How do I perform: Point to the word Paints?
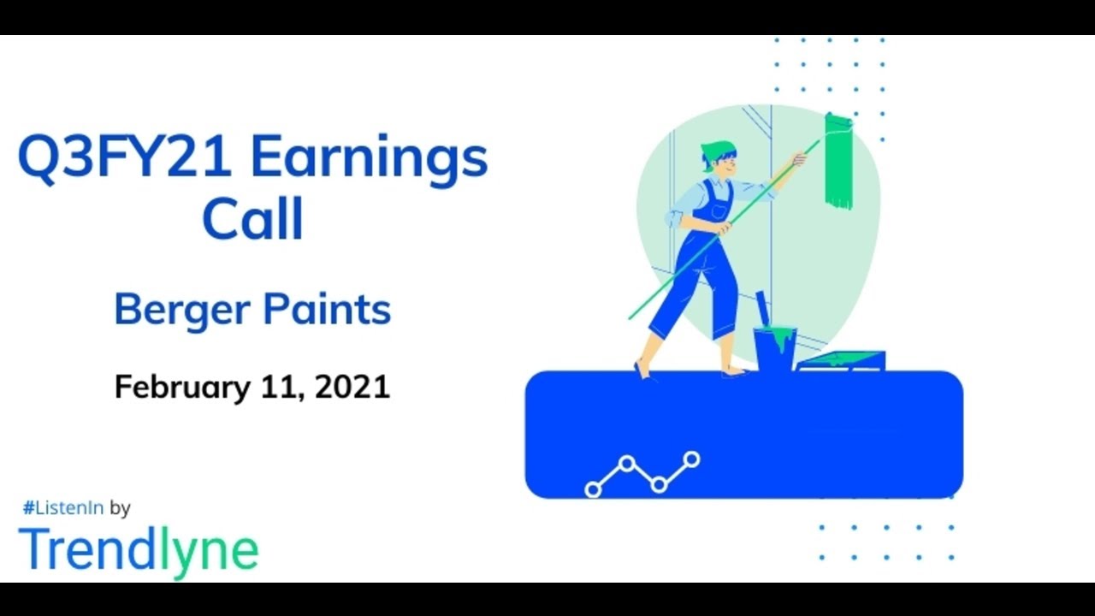point(332,310)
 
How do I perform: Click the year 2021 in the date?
point(352,387)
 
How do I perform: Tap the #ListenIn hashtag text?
point(62,507)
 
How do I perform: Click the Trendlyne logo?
point(138,550)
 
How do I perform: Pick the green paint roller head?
point(838,161)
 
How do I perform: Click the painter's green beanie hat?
point(717,151)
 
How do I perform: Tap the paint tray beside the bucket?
point(841,360)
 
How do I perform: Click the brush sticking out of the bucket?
point(761,308)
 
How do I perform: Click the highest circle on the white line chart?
point(691,459)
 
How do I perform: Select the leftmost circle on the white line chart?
point(593,489)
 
